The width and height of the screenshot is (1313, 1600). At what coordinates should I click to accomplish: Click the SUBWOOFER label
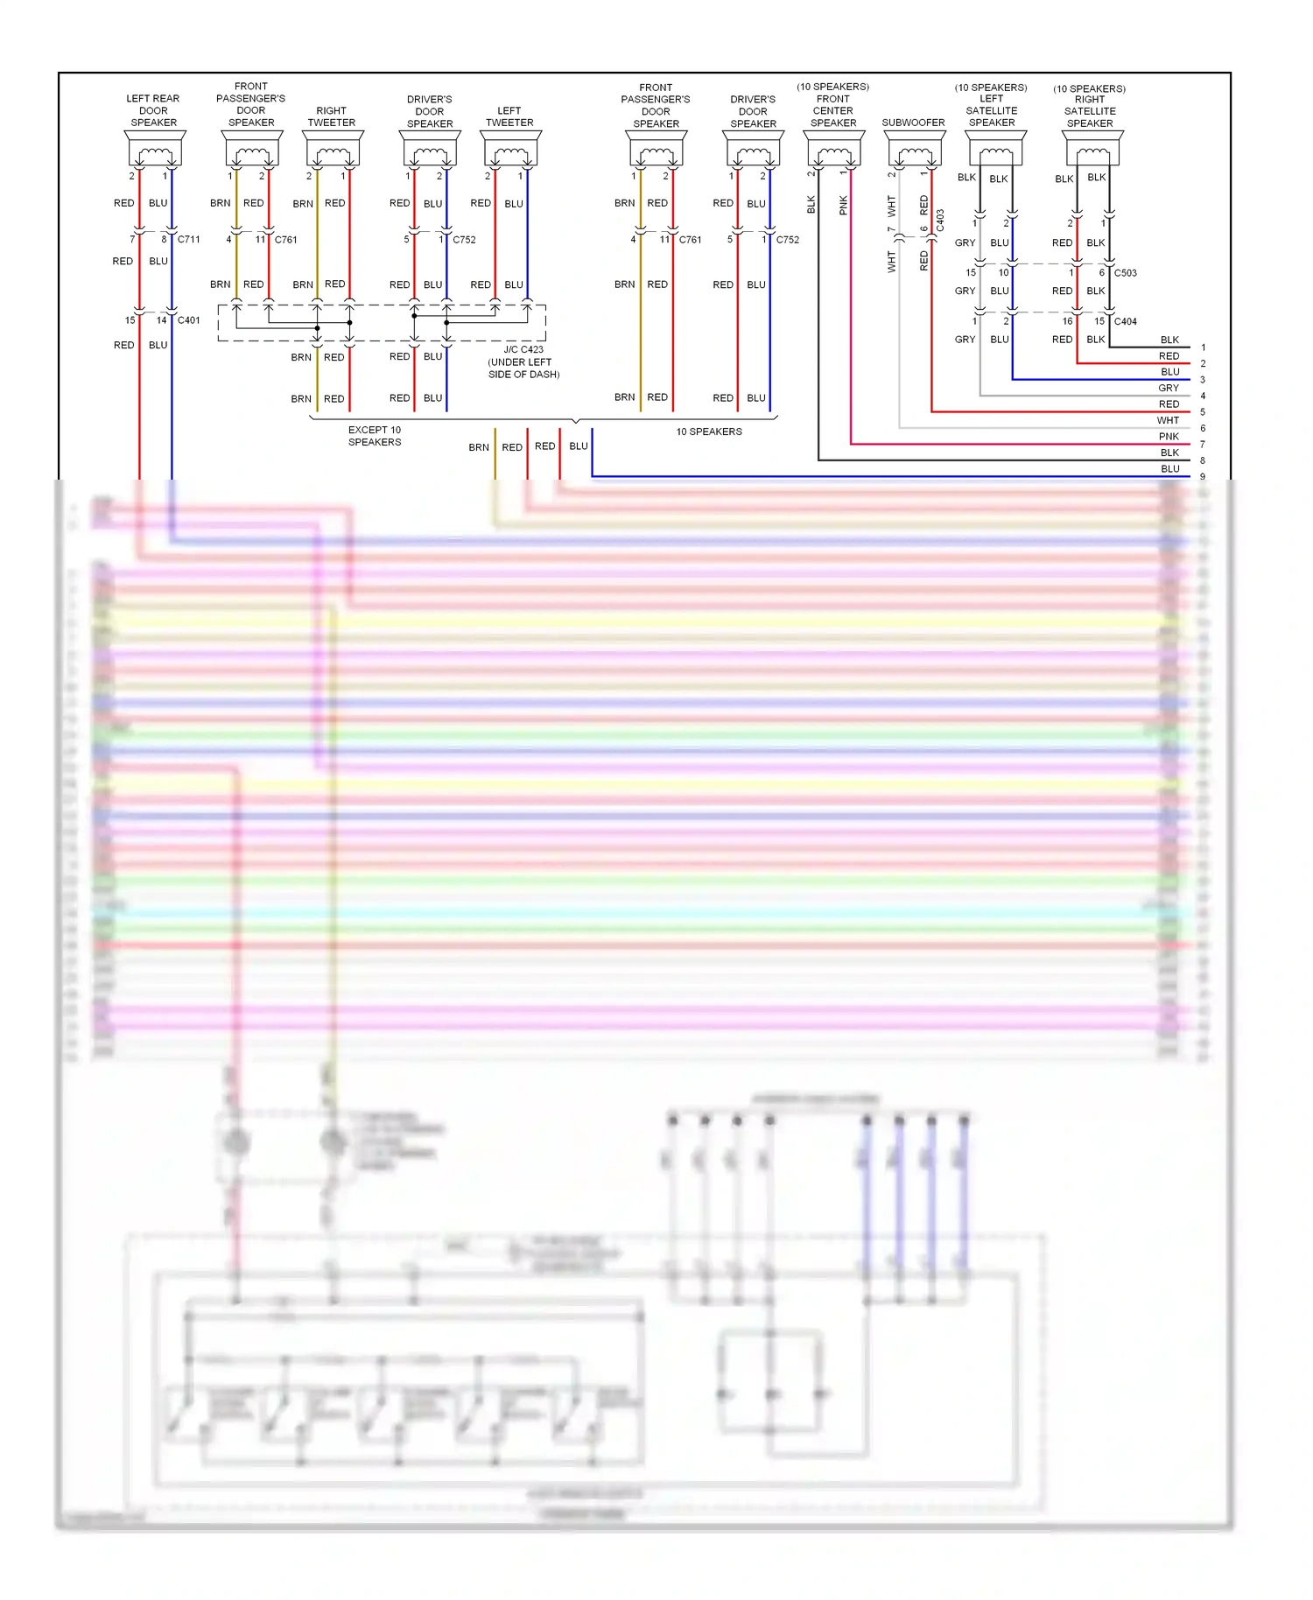pos(913,123)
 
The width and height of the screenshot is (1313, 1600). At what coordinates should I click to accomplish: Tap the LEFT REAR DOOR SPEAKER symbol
pos(155,150)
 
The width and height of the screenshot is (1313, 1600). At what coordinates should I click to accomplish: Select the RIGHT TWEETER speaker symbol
pos(333,150)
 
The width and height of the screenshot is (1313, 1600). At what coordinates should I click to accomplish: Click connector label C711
pos(188,239)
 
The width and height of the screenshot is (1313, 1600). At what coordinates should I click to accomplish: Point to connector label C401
pos(188,320)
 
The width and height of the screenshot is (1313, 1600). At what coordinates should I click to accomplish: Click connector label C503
pos(1125,273)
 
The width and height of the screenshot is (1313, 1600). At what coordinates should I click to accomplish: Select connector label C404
pos(1125,321)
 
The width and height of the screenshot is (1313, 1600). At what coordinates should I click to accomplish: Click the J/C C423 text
pos(523,349)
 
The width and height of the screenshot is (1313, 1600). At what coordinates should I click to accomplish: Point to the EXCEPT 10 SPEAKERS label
pos(375,436)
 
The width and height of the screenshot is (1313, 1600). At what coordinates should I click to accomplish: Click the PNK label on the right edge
pos(1169,437)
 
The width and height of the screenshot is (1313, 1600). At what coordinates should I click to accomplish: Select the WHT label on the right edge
pos(1168,421)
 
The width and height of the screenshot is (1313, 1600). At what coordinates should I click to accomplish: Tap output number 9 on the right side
pos(1203,477)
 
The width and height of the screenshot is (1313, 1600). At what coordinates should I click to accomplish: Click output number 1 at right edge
pos(1203,347)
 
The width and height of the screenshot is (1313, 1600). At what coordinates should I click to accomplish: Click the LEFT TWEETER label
pos(509,116)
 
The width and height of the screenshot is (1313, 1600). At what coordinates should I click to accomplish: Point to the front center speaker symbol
pos(834,150)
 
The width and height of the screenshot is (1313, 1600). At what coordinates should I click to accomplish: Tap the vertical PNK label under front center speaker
pos(843,205)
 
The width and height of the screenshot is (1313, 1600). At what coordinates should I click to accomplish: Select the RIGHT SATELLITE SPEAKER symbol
pos(1092,150)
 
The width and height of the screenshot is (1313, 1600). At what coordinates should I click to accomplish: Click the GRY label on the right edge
pos(1169,389)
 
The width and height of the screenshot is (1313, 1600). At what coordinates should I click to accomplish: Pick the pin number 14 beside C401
pos(161,320)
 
